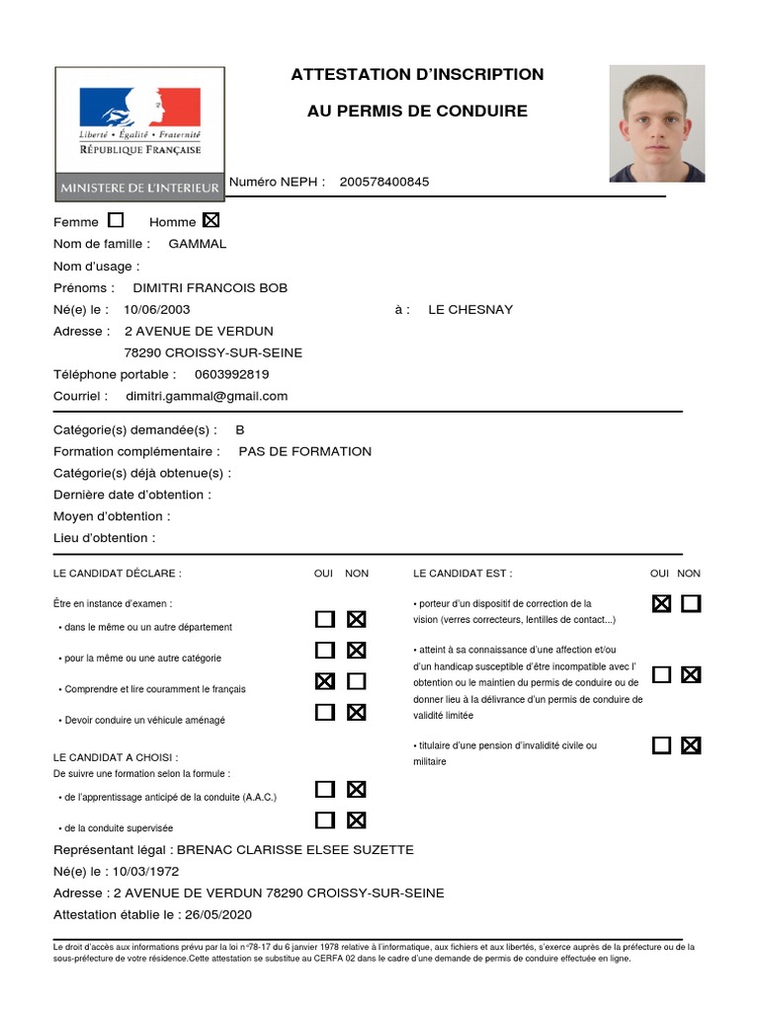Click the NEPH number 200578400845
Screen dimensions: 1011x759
point(383,182)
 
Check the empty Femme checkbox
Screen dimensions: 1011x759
point(116,220)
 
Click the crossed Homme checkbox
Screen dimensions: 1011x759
point(211,220)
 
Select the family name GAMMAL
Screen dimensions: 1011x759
point(198,244)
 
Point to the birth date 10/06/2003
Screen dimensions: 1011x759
point(157,309)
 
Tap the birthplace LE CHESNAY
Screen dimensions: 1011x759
point(470,309)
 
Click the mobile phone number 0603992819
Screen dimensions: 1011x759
point(232,374)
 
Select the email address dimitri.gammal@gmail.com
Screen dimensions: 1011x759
point(207,396)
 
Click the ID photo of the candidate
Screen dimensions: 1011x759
point(656,123)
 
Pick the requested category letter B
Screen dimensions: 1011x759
point(240,429)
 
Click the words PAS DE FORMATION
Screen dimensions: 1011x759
point(305,451)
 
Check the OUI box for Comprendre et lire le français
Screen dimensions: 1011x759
point(324,681)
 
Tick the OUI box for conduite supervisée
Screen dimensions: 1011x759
point(324,819)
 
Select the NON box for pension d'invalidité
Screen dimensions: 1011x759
point(691,745)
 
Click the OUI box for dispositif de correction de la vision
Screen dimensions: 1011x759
point(661,603)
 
